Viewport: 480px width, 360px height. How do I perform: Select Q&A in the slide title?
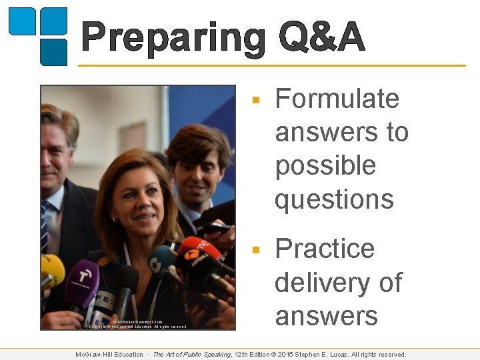(321, 37)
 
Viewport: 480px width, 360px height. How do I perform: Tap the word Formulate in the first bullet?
(337, 99)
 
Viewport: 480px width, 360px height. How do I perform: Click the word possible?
(325, 166)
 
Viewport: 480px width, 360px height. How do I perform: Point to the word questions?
(334, 199)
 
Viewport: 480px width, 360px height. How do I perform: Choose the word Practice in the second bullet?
(325, 249)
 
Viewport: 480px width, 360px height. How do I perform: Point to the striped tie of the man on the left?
(45, 227)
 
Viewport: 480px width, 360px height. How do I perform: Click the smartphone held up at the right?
(213, 228)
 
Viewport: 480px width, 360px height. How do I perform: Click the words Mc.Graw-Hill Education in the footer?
(109, 355)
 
